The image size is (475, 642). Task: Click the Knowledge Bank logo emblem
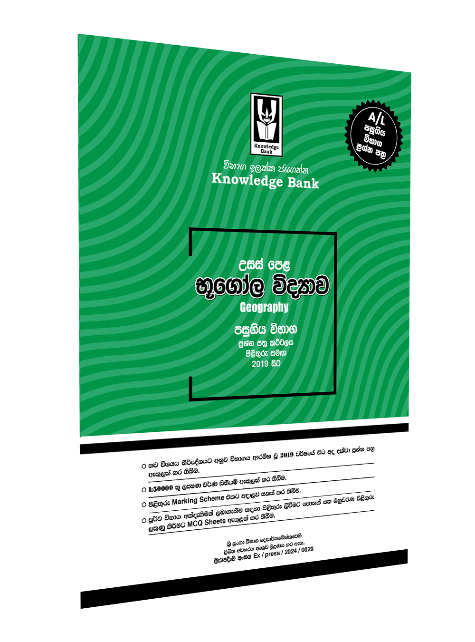tap(266, 125)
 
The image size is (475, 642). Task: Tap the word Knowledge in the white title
tap(247, 180)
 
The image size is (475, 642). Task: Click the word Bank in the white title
tap(303, 183)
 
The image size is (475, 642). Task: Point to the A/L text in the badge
tap(377, 117)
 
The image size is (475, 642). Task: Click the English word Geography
tap(264, 307)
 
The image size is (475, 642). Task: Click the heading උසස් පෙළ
tap(264, 264)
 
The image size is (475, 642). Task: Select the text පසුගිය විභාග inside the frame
tap(265, 329)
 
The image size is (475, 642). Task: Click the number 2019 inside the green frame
tap(260, 364)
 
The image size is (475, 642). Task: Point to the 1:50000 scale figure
tap(161, 488)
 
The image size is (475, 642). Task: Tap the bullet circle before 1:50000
tap(144, 489)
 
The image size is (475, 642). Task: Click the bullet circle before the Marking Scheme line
tap(144, 505)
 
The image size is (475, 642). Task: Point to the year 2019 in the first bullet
tap(286, 455)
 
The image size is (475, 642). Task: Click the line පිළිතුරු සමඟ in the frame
tap(266, 353)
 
